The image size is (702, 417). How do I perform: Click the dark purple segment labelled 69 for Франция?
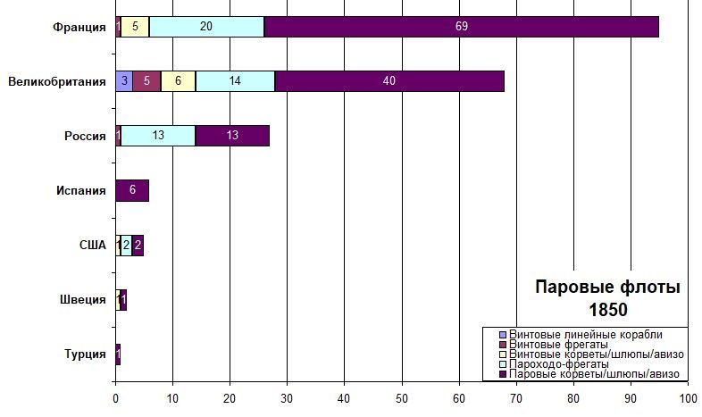point(461,27)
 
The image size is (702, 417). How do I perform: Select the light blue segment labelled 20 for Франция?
point(206,27)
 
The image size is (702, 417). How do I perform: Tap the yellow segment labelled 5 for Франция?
point(135,27)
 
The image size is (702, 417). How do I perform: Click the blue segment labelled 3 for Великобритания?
point(124,81)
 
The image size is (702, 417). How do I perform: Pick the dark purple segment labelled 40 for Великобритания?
point(389,81)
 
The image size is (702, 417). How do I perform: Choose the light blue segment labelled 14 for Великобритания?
point(235,81)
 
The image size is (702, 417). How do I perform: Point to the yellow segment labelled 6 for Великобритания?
point(178,81)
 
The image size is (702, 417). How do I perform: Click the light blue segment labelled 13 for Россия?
point(158,136)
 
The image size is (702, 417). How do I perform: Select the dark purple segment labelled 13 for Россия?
point(232,136)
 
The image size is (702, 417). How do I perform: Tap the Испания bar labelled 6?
point(132,190)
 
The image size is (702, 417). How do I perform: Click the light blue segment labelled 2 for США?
point(126,245)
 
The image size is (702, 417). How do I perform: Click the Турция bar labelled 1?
point(118,354)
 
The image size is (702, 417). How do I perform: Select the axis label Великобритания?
point(57,81)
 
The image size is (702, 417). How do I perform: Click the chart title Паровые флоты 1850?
point(607,298)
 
